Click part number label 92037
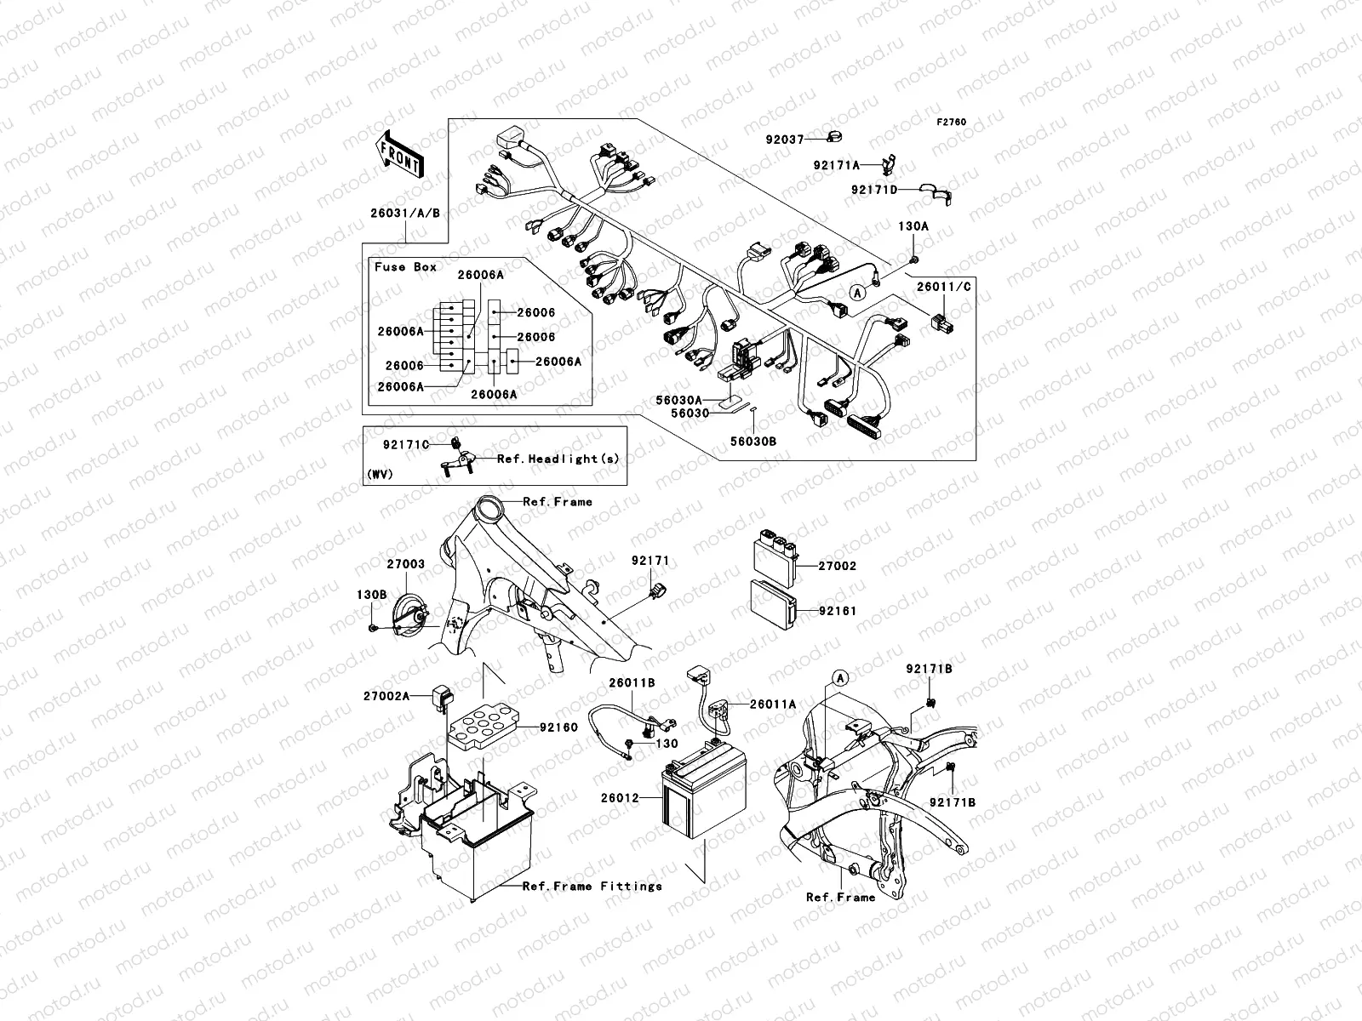[x=784, y=139]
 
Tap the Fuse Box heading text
[x=406, y=266]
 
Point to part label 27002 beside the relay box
[x=837, y=566]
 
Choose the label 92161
[x=837, y=611]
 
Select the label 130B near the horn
[x=372, y=594]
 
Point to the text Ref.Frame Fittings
[x=592, y=886]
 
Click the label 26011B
[x=632, y=682]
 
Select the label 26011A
[x=773, y=704]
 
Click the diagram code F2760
[x=952, y=123]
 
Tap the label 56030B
[x=753, y=442]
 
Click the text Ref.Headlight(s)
[x=558, y=459]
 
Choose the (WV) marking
[x=380, y=475]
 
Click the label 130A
[x=914, y=227]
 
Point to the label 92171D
[x=874, y=190]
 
